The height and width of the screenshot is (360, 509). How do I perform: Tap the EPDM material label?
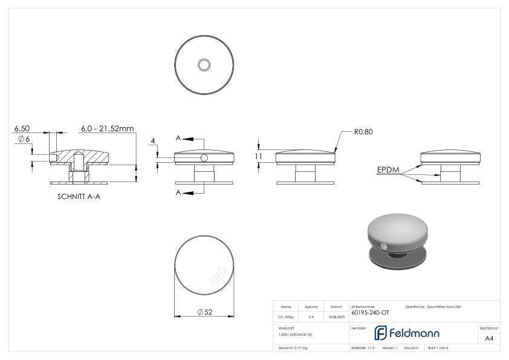click(388, 171)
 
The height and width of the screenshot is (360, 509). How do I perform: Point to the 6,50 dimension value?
click(22, 129)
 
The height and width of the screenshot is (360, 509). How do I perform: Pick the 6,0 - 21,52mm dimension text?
click(107, 129)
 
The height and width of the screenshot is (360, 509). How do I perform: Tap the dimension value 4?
click(153, 141)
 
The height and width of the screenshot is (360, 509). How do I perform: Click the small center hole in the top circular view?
click(204, 64)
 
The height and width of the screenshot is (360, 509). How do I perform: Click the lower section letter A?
click(178, 192)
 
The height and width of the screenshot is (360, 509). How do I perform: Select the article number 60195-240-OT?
click(370, 313)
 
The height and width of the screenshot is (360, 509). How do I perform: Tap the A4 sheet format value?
click(489, 338)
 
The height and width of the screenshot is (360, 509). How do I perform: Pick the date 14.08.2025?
click(336, 316)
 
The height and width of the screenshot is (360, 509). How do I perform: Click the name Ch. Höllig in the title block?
click(286, 316)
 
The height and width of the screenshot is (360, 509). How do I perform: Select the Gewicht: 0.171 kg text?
click(293, 348)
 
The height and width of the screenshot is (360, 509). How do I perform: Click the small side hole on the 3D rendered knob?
click(384, 246)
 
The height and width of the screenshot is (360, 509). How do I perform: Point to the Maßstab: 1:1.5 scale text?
click(363, 348)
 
